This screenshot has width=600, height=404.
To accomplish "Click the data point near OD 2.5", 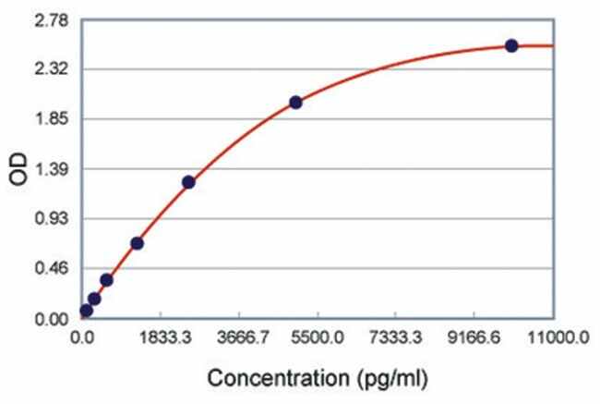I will pos(511,45).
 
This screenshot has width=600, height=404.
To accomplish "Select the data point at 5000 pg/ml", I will pos(295,103).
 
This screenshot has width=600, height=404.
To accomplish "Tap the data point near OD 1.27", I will pos(188,182).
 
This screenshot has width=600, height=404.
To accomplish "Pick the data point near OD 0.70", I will pos(137,243).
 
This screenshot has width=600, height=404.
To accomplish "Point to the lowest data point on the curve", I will pos(86,311).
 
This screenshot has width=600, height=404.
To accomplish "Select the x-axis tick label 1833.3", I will pos(165,339).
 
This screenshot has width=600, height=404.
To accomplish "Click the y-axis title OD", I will pos(21,169).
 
